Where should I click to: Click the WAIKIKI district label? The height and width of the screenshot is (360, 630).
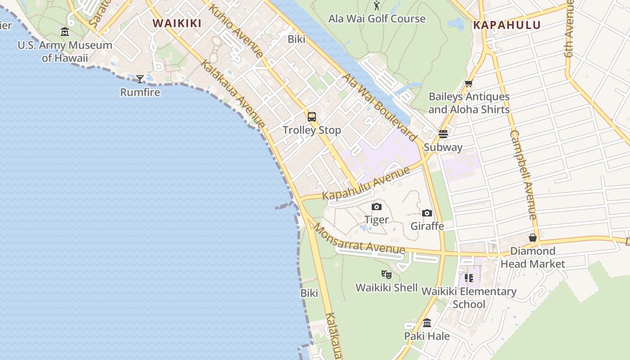[177, 23]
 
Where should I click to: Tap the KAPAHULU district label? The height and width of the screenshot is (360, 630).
[507, 25]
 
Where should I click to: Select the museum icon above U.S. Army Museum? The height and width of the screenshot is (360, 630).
[65, 32]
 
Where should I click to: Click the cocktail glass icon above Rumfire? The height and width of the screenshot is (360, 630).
[140, 79]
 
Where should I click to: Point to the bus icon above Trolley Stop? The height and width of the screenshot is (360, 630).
[312, 117]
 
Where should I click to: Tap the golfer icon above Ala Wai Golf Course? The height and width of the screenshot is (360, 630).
[377, 6]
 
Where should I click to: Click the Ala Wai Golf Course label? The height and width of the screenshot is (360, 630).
[377, 19]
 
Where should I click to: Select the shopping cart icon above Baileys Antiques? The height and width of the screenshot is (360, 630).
[468, 84]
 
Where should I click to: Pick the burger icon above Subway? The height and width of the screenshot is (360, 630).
[443, 134]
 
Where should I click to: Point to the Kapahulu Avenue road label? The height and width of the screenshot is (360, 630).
[366, 183]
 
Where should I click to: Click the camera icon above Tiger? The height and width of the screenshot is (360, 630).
[377, 207]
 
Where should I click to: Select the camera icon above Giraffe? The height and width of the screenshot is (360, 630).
[427, 213]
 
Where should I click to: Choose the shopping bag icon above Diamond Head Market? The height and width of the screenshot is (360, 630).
[533, 238]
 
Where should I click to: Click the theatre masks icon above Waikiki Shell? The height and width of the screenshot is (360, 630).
[386, 274]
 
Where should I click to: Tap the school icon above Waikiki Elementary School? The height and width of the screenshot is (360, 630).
[469, 278]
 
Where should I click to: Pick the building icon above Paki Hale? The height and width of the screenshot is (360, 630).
[427, 323]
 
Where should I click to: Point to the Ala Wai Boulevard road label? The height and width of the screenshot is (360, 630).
[380, 107]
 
